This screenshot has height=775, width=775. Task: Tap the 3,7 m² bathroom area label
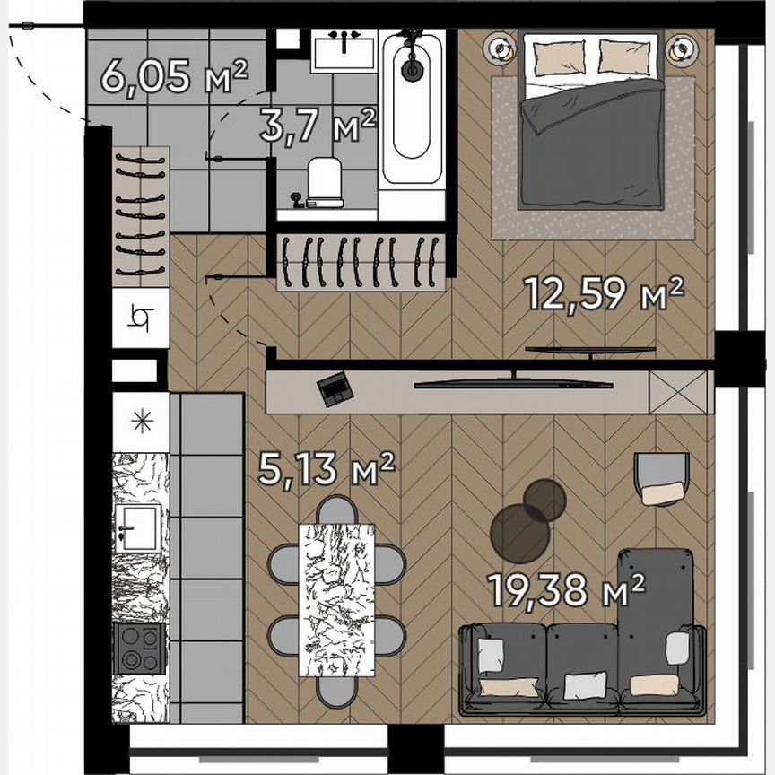[x=317, y=125]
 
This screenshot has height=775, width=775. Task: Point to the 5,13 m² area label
[x=326, y=467]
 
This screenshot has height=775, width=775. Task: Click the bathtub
[x=412, y=108]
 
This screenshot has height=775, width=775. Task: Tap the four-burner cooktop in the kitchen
[x=140, y=649]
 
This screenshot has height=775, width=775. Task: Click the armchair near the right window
[x=661, y=478]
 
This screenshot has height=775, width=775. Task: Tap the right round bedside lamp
[x=683, y=49]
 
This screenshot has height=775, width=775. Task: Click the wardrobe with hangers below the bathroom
[x=361, y=262]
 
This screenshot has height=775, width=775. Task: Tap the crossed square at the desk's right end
[x=677, y=391]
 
